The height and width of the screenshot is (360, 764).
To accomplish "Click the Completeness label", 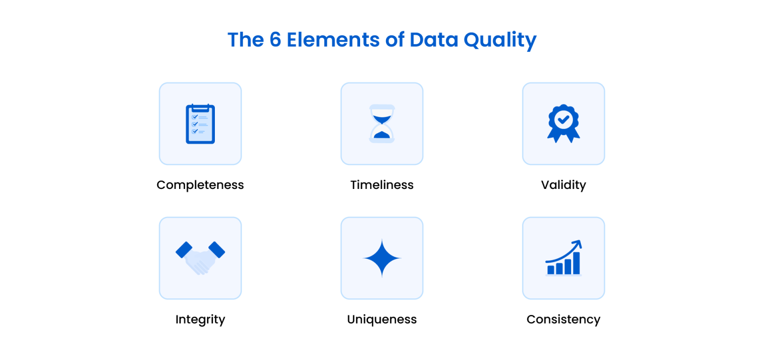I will [x=200, y=185].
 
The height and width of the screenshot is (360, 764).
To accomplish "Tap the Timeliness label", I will [x=382, y=185].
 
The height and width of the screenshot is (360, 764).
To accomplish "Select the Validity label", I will [x=563, y=185].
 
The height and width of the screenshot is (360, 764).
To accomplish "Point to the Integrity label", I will [x=200, y=319].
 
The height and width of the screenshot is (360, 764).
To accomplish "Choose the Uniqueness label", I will [x=382, y=319].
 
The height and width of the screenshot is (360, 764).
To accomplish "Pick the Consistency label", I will [x=563, y=319].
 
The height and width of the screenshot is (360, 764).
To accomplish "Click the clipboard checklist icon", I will [x=200, y=124].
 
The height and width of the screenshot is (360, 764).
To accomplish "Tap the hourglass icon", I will [x=382, y=124].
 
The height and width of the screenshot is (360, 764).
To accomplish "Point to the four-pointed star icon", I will [x=382, y=258].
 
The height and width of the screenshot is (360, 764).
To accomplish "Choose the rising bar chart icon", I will [x=563, y=258].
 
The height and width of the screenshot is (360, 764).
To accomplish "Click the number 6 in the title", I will [x=275, y=40].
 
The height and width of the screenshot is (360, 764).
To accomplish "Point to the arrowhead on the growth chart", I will [x=577, y=244].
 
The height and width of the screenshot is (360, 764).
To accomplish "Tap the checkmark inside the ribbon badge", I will [x=563, y=119].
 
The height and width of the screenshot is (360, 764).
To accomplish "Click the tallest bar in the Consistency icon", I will [x=576, y=263].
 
